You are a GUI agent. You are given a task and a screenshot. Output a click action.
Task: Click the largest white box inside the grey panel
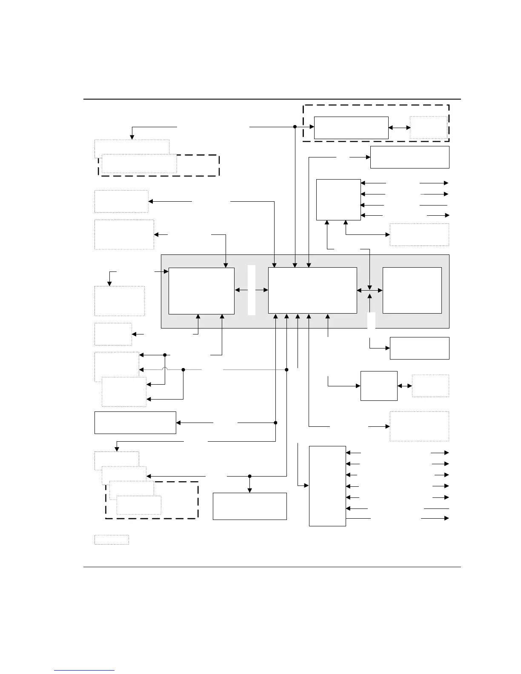point(312,290)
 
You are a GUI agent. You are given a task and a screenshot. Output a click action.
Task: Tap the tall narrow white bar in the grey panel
point(252,290)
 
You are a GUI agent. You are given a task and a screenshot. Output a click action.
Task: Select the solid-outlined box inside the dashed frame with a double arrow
point(351,128)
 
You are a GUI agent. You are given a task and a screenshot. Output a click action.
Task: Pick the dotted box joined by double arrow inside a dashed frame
point(429,128)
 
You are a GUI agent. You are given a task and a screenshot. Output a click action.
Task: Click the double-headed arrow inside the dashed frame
point(399,127)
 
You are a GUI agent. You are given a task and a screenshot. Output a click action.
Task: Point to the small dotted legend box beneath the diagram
point(112,540)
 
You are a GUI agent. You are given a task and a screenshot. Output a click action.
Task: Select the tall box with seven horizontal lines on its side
point(327,486)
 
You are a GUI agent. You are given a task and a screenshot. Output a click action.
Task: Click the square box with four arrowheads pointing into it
point(338,200)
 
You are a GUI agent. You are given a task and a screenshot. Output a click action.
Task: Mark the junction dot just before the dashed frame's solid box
point(295,127)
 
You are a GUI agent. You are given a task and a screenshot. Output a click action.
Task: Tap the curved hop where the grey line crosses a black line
point(165,370)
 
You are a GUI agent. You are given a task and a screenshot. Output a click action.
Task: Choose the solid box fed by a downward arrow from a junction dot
point(249,506)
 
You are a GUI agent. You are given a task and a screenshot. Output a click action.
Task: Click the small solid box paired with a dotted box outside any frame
point(379,386)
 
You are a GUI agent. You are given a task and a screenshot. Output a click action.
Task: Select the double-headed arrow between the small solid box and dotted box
point(405,386)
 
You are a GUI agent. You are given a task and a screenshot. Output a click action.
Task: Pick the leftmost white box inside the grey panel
point(201,291)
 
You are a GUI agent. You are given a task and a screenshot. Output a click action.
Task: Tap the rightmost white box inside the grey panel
point(412,290)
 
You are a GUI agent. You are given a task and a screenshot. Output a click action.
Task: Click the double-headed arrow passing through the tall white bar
point(252,290)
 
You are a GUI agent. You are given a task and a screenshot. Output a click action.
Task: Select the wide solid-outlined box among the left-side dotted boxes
point(135,423)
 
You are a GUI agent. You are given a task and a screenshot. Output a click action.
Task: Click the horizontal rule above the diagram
point(272,99)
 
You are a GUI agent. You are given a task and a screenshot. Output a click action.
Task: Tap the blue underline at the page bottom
point(84,670)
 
